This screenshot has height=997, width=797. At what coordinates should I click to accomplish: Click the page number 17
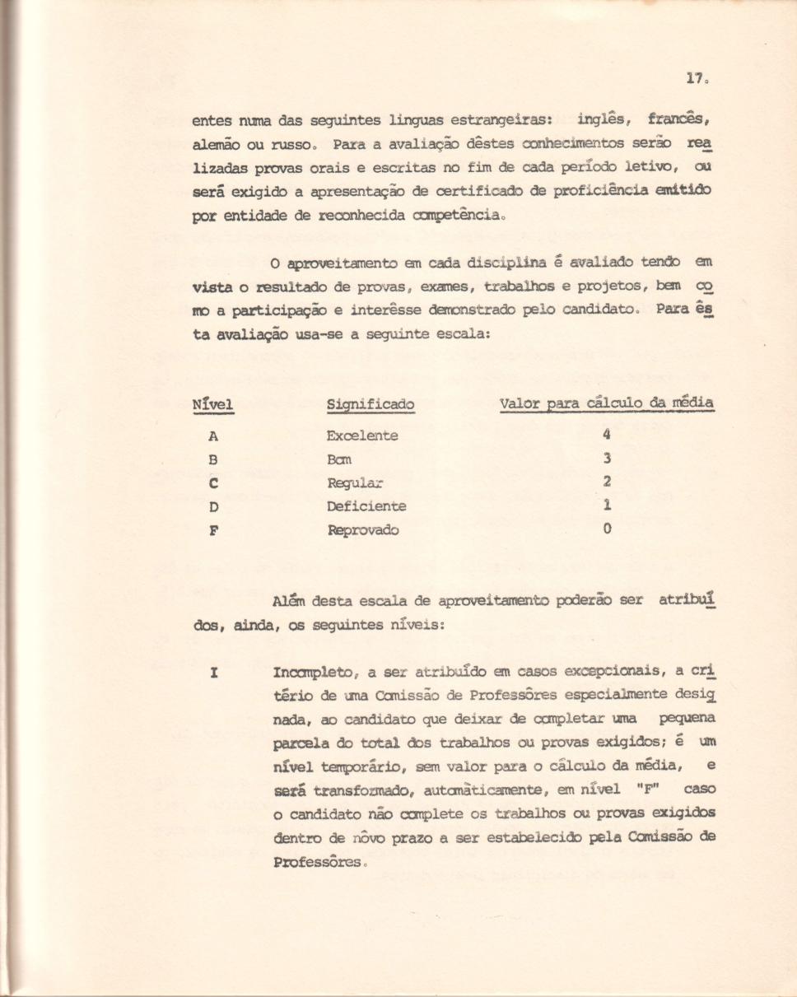coord(695,79)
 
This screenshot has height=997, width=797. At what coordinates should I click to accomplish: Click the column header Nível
coord(212,404)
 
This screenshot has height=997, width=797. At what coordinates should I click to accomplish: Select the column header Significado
coord(370,405)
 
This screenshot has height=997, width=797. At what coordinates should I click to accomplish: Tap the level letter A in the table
coord(212,436)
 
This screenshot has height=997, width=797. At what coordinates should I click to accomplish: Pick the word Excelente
coord(362,436)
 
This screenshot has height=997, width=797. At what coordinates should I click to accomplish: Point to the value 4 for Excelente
coord(607,435)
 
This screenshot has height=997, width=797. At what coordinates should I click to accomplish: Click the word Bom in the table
coord(340,460)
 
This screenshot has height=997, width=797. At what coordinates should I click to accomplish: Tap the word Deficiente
coord(366,506)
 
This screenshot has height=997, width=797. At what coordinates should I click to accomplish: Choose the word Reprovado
coord(362,529)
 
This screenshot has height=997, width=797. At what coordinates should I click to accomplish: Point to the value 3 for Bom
coord(607,459)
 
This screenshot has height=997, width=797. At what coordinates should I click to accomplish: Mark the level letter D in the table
coord(212,506)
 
